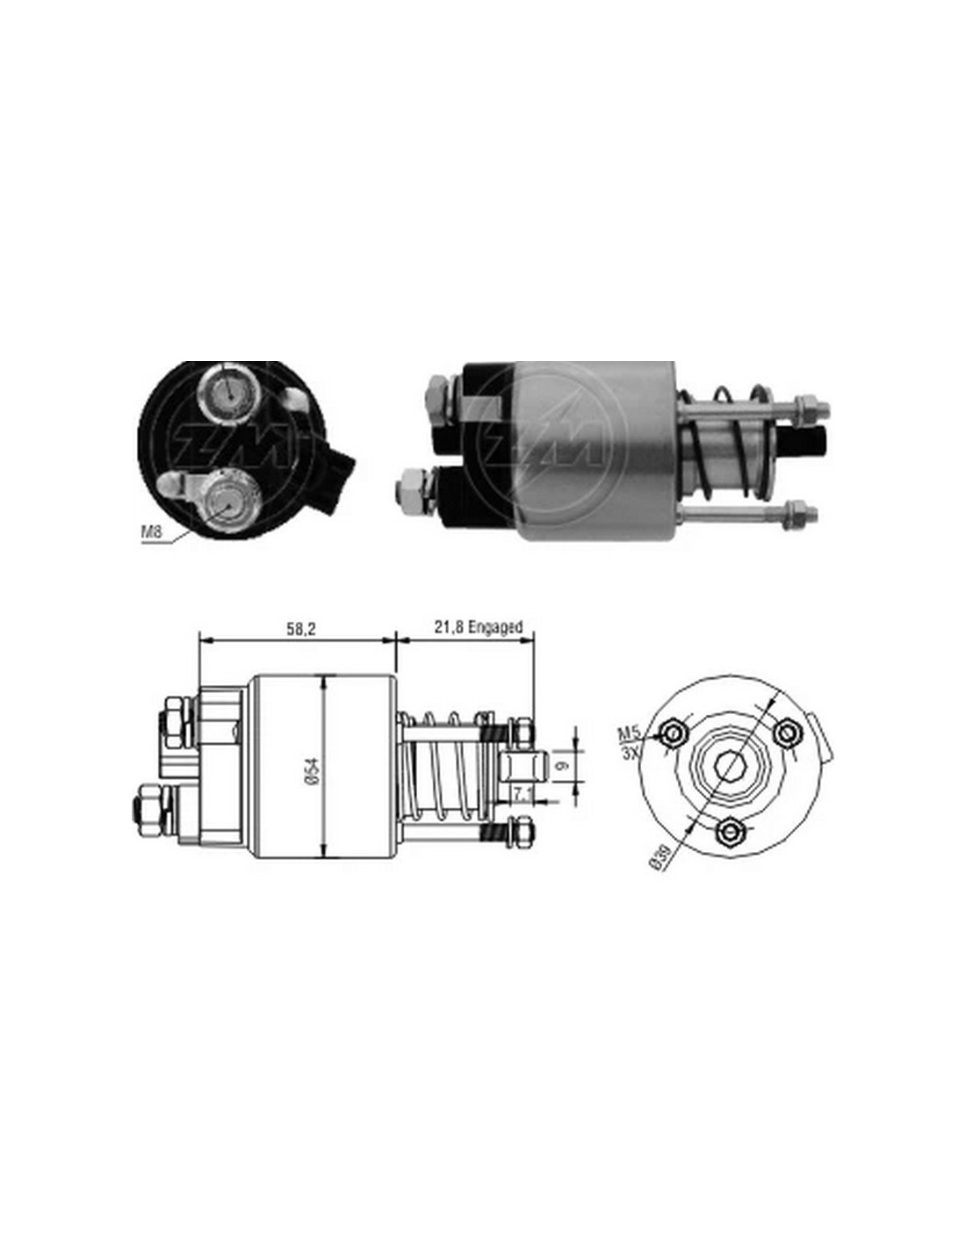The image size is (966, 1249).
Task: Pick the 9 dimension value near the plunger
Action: [563, 766]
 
